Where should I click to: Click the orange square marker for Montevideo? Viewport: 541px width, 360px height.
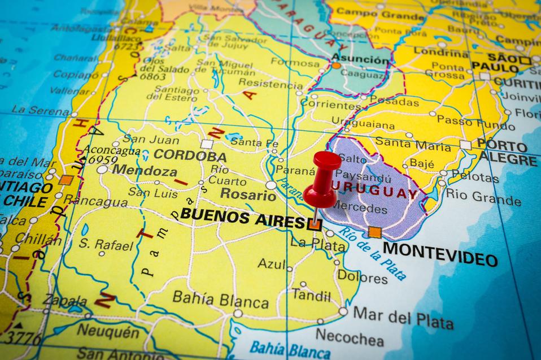tap(374, 232)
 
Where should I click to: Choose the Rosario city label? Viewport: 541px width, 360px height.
tap(248, 194)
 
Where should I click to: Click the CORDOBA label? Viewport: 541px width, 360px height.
tap(190, 156)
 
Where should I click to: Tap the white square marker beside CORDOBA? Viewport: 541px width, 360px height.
tap(207, 144)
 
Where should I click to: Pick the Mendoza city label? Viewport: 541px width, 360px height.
tap(144, 170)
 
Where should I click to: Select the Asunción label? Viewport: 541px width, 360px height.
tap(360, 59)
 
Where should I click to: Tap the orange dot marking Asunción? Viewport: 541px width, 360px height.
tap(336, 66)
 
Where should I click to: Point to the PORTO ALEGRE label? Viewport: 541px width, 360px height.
tap(505, 151)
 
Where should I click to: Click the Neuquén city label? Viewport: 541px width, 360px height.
tap(107, 331)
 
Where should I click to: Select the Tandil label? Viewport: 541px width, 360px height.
tap(311, 295)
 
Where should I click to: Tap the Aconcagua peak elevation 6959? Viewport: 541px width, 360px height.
tap(100, 161)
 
